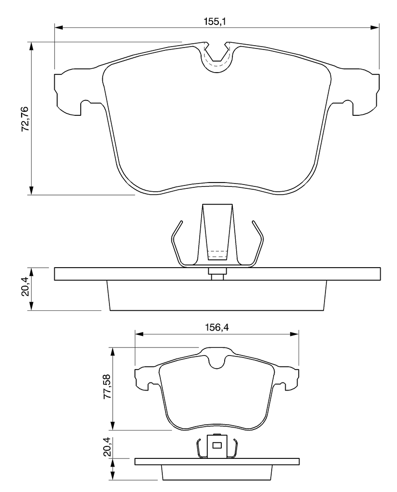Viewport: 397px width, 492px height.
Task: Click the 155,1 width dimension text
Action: pyautogui.click(x=215, y=22)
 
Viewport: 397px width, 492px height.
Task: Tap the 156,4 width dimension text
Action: pyautogui.click(x=217, y=328)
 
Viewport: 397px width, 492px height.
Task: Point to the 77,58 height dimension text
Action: pyautogui.click(x=107, y=386)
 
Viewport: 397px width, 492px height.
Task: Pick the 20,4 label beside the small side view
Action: pyautogui.click(x=107, y=446)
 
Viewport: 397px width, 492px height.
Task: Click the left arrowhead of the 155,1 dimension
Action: pyautogui.click(x=59, y=27)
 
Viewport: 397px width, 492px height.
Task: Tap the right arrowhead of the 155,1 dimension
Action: pyautogui.click(x=375, y=27)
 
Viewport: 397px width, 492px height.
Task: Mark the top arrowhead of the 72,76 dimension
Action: pyautogui.click(x=31, y=47)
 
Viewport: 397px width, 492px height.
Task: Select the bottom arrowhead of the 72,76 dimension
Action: pyautogui.click(x=31, y=190)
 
